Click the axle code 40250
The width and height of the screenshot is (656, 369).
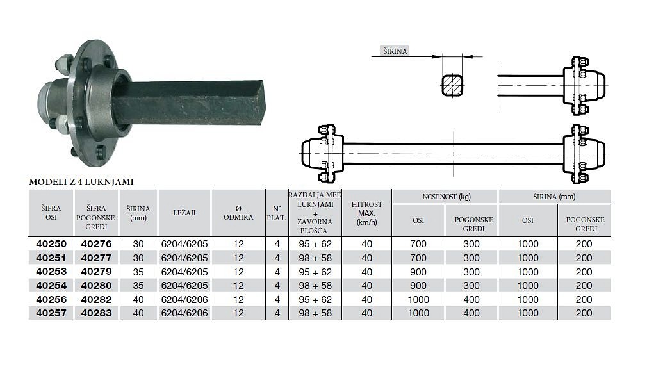click(51, 244)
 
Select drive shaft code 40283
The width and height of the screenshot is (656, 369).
click(97, 313)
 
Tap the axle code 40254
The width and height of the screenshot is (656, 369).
click(51, 285)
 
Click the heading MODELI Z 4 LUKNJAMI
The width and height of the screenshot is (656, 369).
click(81, 182)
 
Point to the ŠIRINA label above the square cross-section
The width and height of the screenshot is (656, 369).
click(395, 51)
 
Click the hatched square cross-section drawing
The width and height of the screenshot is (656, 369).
click(453, 85)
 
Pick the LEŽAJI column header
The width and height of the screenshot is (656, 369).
click(184, 213)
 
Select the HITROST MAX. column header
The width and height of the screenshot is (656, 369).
click(367, 213)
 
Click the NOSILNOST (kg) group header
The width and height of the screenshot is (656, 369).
click(447, 197)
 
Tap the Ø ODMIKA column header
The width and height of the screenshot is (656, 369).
click(238, 213)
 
